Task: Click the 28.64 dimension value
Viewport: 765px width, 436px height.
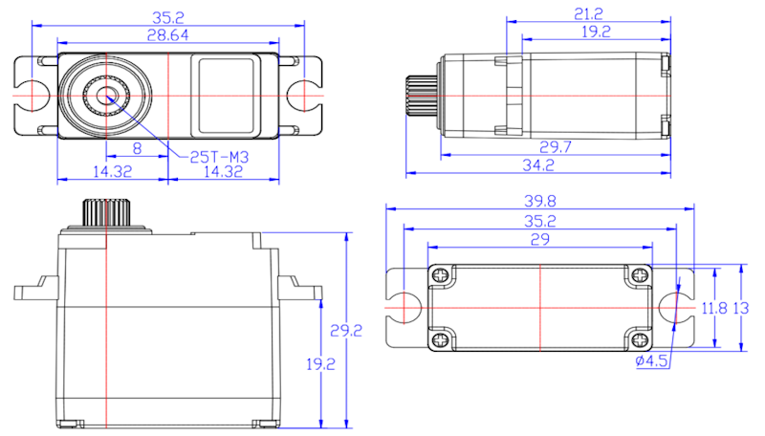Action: click(168, 35)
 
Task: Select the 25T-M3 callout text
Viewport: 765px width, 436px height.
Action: click(219, 157)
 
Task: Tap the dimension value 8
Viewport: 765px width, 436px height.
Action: click(137, 148)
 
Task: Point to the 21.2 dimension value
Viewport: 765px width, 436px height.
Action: click(588, 13)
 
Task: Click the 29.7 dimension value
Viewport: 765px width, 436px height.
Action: click(556, 147)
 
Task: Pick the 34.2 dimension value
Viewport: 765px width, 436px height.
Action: click(538, 164)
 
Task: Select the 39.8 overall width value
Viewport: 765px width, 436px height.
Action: click(540, 201)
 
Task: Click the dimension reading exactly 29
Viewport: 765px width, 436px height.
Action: click(540, 239)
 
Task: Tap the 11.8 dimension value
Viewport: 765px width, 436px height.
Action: click(714, 308)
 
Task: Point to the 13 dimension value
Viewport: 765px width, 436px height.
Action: click(741, 308)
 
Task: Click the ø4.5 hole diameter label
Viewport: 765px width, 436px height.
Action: click(651, 361)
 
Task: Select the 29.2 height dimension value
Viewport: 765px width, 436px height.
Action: click(346, 331)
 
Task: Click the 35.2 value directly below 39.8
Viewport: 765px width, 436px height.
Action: click(540, 222)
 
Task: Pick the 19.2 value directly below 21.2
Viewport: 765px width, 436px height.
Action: click(596, 32)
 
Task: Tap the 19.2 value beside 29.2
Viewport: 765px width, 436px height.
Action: click(320, 364)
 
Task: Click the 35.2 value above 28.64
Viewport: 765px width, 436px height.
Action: click(168, 17)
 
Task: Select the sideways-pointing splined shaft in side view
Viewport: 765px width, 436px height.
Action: click(422, 95)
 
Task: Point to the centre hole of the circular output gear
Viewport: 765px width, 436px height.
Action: click(106, 96)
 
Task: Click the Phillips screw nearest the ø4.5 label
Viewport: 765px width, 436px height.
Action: click(638, 339)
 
